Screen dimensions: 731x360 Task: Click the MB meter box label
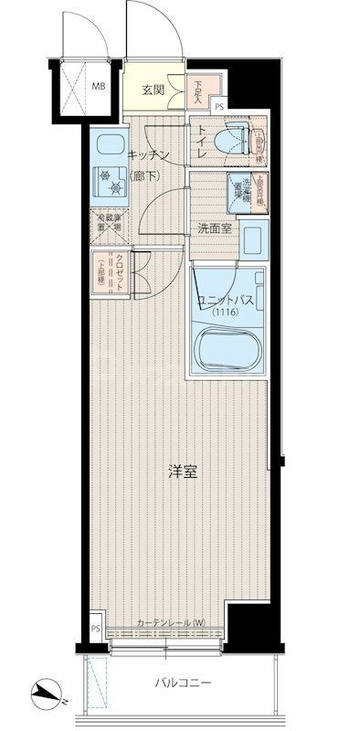(96, 88)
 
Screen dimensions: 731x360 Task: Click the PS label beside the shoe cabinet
(218, 107)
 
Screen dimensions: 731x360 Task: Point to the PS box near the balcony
(96, 630)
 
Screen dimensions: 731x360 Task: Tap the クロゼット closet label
(120, 271)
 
